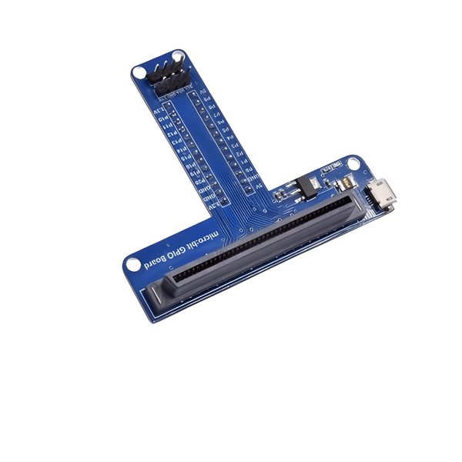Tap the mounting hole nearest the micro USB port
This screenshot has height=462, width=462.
tap(353, 163)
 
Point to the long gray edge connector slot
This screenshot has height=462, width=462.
tap(254, 246)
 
